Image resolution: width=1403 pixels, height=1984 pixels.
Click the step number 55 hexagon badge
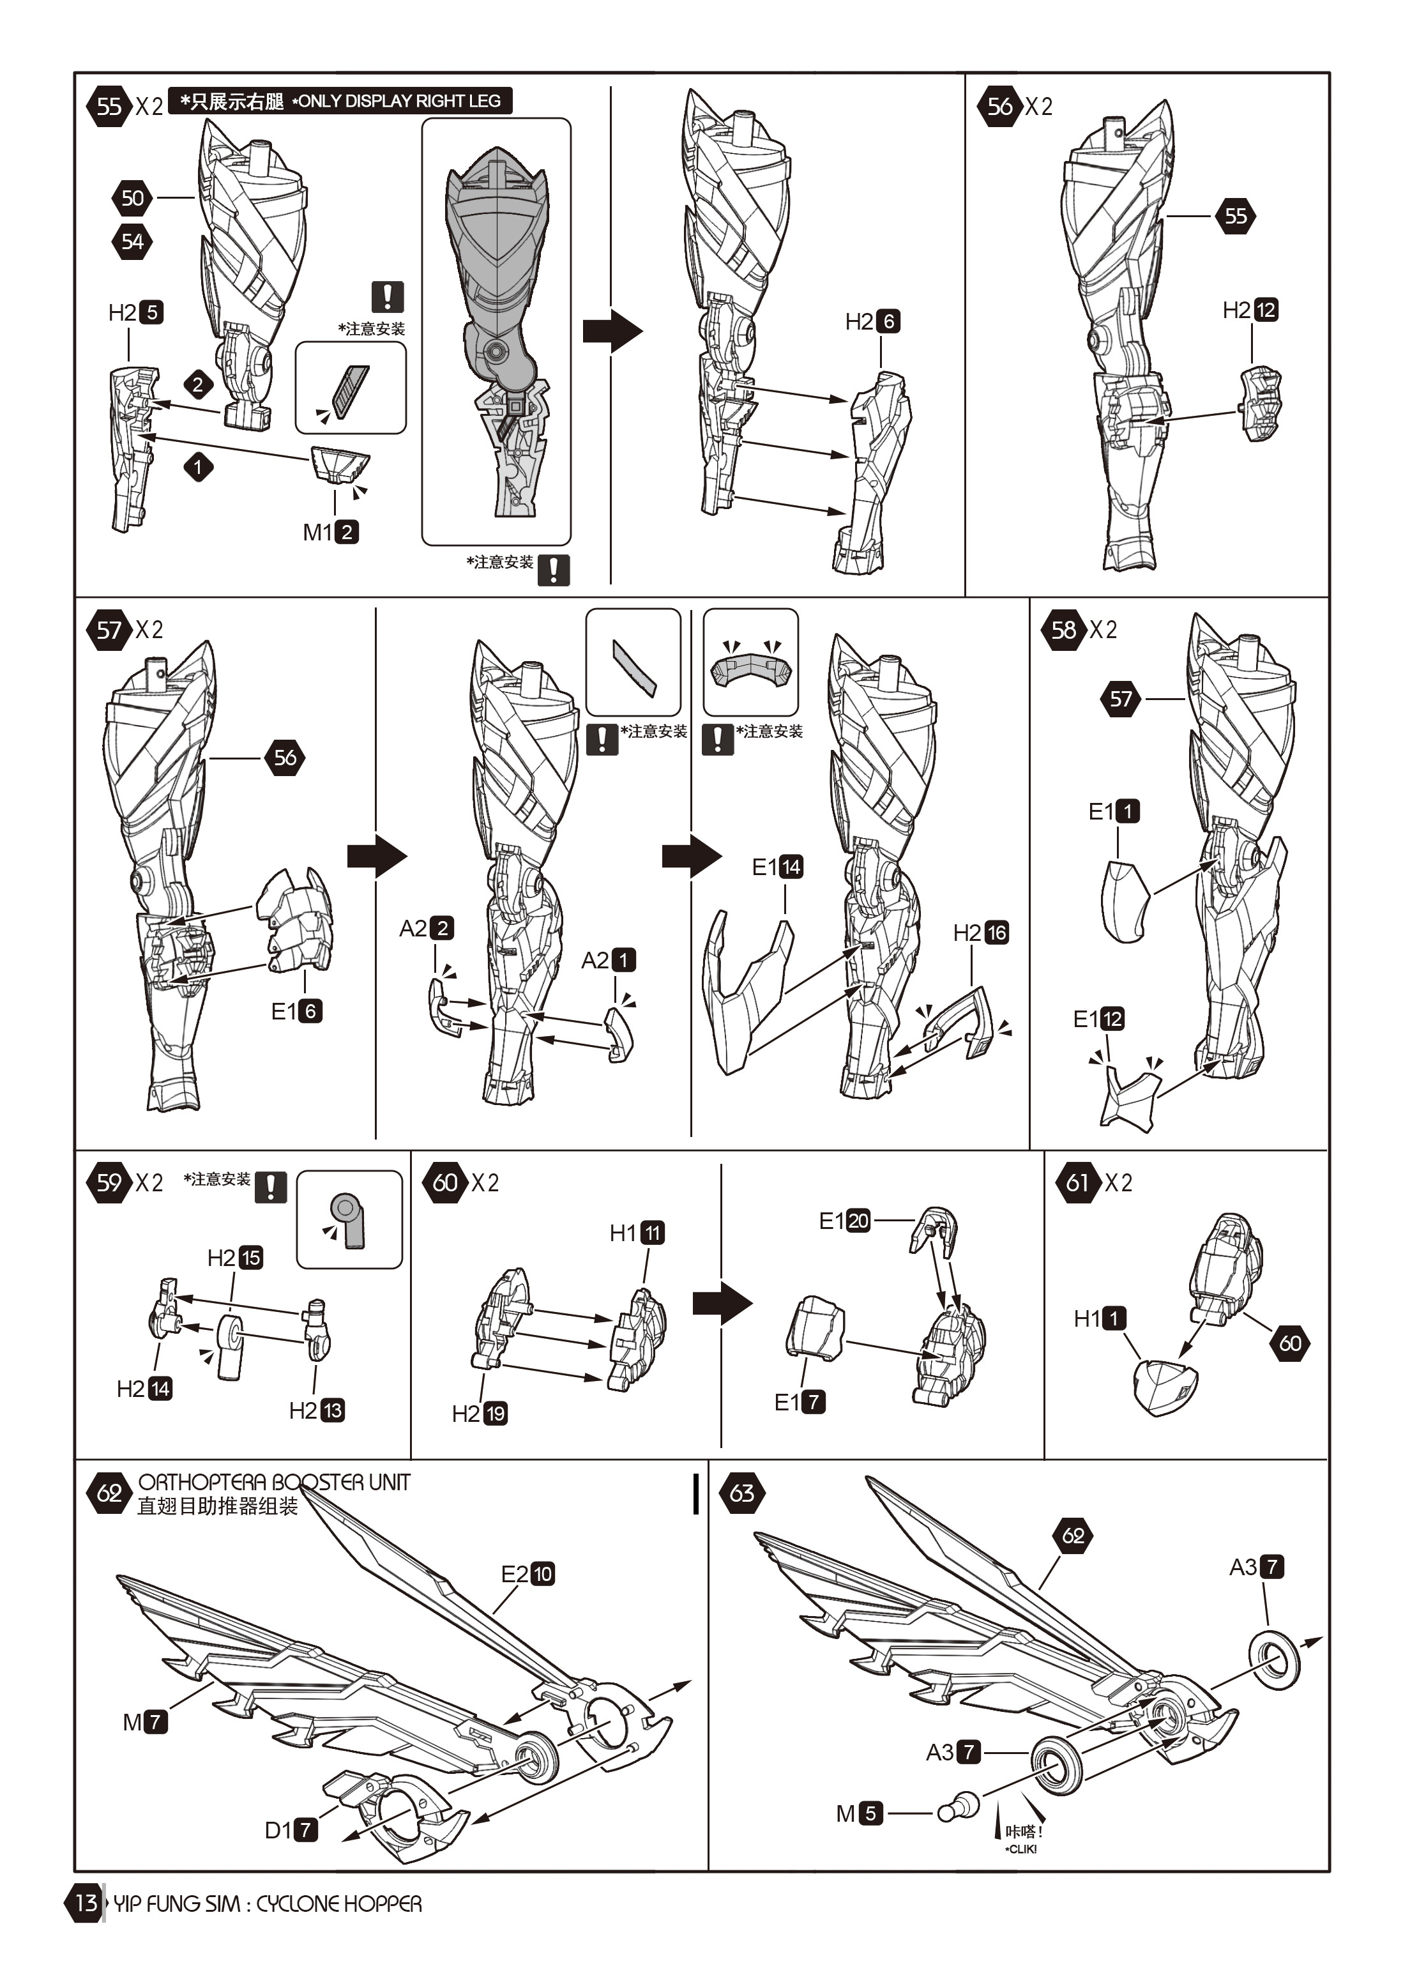point(108,106)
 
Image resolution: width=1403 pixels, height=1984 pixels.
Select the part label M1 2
point(330,532)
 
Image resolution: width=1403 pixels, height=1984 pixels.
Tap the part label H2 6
point(872,321)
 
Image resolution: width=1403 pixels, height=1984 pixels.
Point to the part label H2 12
point(1250,310)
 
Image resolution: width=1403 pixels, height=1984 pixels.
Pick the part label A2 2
point(427,928)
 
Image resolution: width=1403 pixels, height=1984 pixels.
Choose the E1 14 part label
point(778,867)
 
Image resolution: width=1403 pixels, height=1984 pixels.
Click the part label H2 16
point(980,933)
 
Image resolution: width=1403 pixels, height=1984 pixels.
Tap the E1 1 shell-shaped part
point(1125,901)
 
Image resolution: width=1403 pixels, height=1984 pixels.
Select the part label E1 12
point(1098,1019)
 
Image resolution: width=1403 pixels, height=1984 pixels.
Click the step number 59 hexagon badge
point(108,1182)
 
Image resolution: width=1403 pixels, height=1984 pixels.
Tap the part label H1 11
point(637,1233)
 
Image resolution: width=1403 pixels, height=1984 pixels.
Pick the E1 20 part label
point(845,1221)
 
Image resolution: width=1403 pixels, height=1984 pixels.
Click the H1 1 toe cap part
point(1165,1387)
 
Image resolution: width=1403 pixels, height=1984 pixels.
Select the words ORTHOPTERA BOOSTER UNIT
point(274,1483)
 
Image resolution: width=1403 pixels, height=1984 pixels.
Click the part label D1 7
point(291,1830)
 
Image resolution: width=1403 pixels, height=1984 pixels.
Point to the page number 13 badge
point(85,1903)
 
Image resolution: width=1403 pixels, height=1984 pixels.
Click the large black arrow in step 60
point(722,1303)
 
